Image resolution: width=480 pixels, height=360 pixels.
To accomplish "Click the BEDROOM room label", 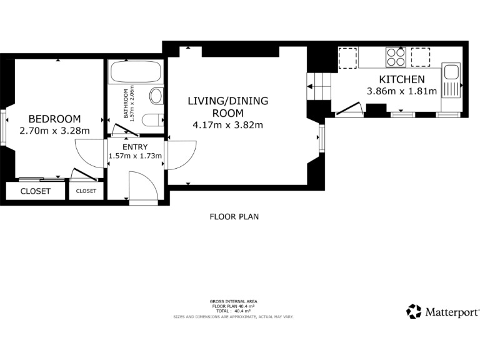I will pyautogui.click(x=54, y=119).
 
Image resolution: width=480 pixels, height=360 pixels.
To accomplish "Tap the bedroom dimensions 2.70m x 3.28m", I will pyautogui.click(x=54, y=131).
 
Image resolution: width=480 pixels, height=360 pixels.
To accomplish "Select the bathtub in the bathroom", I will pyautogui.click(x=136, y=72).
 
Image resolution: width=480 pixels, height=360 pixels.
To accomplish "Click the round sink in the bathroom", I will pyautogui.click(x=156, y=96).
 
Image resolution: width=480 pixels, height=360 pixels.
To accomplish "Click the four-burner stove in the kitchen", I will pyautogui.click(x=395, y=57).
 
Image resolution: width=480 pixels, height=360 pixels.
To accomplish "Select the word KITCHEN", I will pyautogui.click(x=402, y=79).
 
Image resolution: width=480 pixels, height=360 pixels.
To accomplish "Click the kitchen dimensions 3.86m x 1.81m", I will pyautogui.click(x=402, y=91).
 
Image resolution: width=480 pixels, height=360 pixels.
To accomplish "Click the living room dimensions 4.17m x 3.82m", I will pyautogui.click(x=227, y=124).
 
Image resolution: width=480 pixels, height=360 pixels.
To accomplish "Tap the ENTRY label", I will pyautogui.click(x=136, y=146).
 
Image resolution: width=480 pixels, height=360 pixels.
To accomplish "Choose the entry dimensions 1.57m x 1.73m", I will pyautogui.click(x=136, y=156).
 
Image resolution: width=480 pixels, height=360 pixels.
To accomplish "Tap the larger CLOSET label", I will pyautogui.click(x=35, y=191).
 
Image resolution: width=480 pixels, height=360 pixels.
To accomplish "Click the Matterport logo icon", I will pyautogui.click(x=414, y=311).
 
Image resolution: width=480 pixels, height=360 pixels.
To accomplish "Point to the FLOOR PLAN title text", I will pyautogui.click(x=234, y=217).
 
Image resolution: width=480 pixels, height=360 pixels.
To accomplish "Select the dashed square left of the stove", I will pyautogui.click(x=347, y=57).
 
